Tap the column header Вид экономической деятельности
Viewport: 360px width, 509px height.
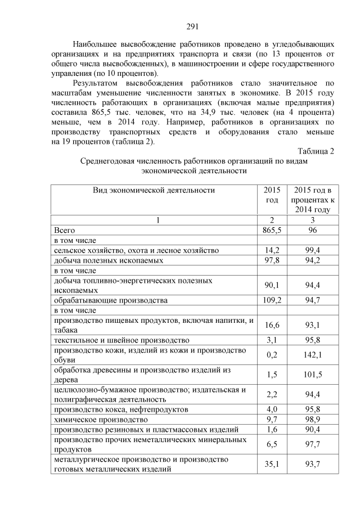pos(154,190)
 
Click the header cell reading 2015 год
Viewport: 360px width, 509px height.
pos(272,195)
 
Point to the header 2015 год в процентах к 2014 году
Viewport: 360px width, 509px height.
pos(312,200)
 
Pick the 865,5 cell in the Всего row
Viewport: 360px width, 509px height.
pos(272,230)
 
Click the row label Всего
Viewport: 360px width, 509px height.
pos(64,230)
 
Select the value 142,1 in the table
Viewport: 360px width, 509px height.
pos(312,355)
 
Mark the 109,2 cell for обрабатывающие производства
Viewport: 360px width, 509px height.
pos(272,300)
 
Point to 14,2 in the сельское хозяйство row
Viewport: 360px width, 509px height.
pos(272,250)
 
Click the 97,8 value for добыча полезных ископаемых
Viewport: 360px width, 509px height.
pos(272,260)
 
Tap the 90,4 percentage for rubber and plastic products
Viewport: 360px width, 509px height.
pos(312,430)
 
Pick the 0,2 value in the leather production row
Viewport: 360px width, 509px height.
pos(272,355)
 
